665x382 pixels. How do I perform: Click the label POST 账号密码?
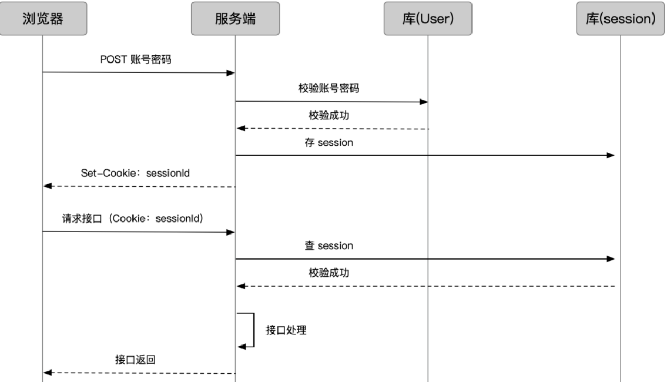tap(136, 59)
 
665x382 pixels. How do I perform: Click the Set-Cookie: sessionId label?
tap(136, 172)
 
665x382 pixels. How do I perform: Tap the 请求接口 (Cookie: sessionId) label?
tap(132, 218)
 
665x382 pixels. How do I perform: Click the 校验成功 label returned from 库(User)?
tap(329, 115)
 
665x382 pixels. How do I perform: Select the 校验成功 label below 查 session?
tap(329, 273)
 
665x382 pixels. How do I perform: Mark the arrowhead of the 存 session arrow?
tap(611, 155)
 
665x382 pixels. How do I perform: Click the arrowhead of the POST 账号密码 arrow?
tap(231, 73)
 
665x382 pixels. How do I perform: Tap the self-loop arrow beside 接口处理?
tap(252, 329)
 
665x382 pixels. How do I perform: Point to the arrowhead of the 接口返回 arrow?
tap(47, 373)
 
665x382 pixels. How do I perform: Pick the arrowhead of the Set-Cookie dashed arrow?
tap(47, 186)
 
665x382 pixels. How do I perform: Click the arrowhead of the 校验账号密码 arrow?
tap(424, 102)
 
